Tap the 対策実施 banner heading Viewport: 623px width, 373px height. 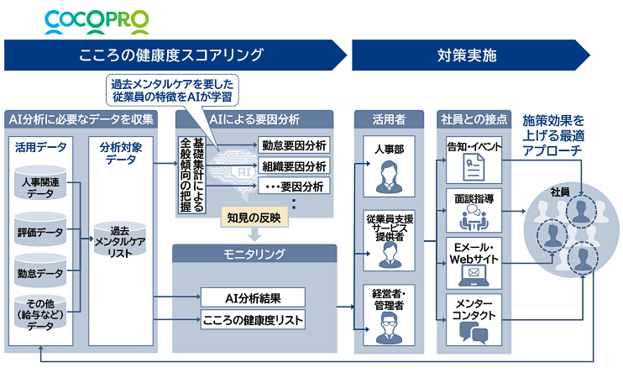[467, 56]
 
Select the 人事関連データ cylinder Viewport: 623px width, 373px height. [40, 184]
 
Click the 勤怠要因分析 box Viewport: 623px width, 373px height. [294, 145]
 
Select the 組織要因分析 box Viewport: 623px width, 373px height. [294, 165]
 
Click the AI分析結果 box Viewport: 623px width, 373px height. [253, 297]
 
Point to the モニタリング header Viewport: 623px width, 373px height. [254, 253]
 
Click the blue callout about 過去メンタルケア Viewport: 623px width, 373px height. [170, 91]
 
